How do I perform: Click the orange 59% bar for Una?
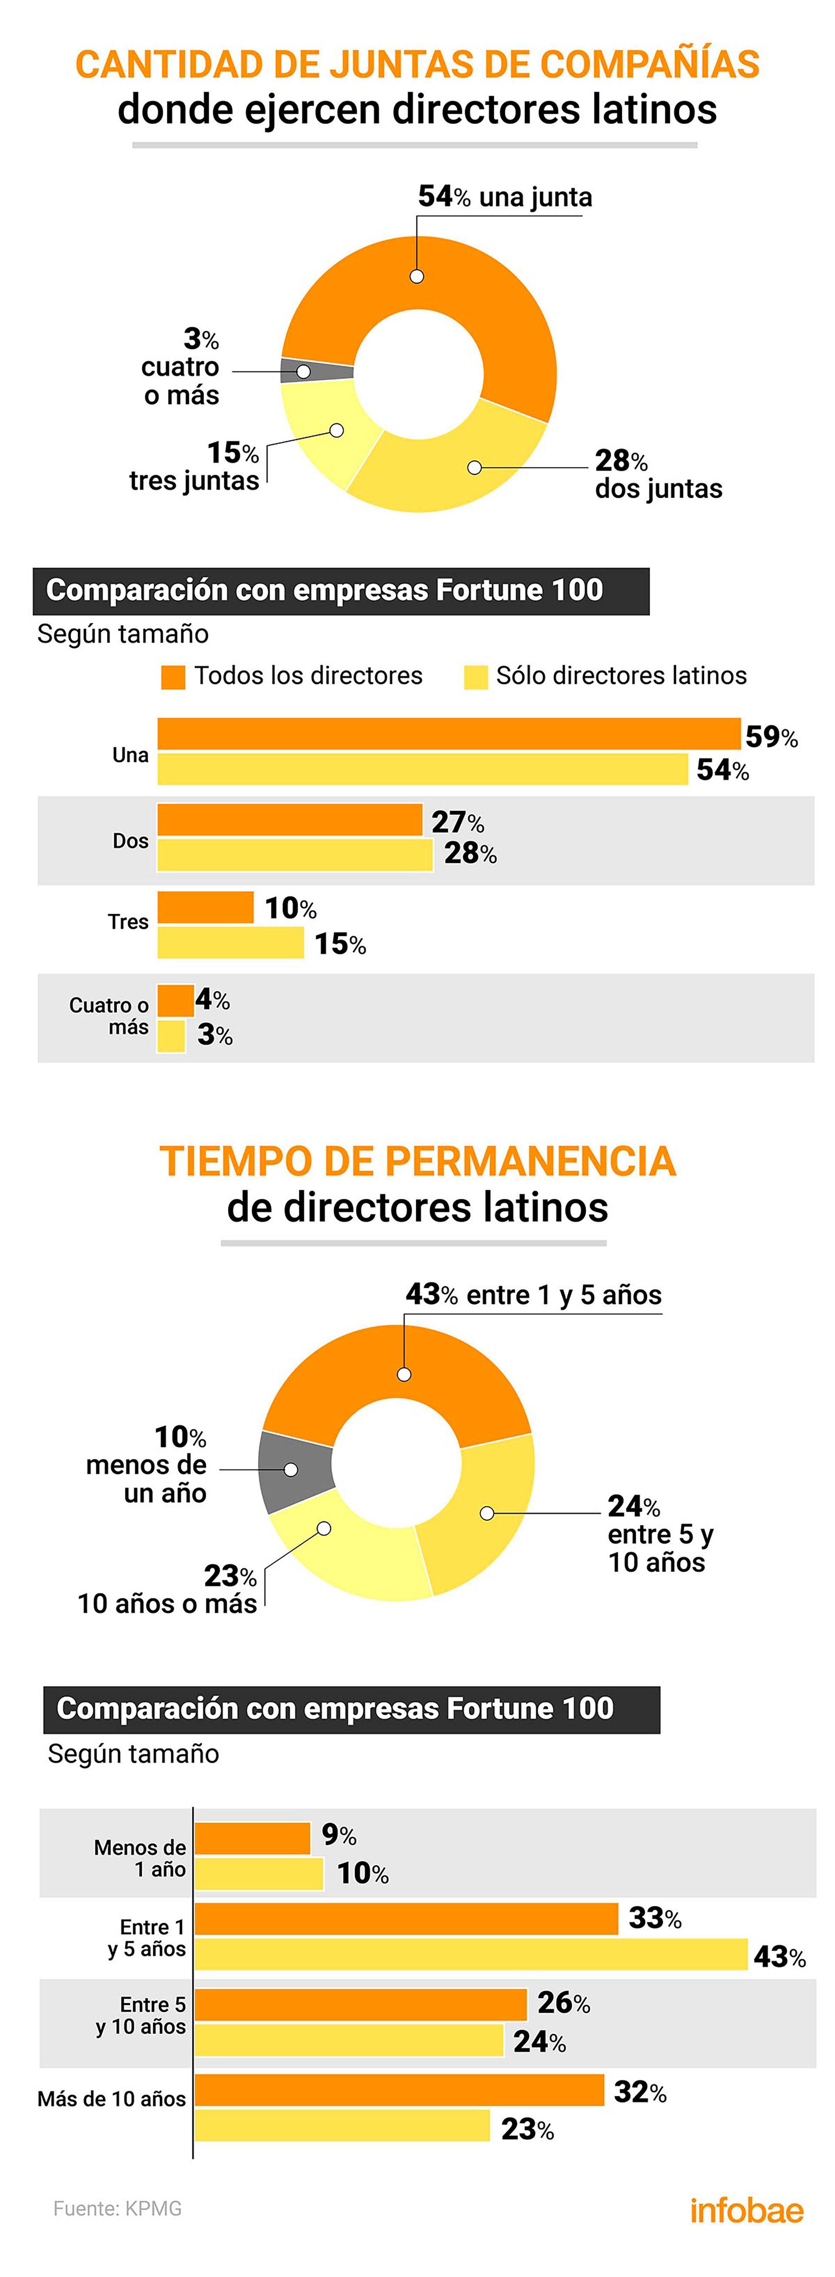coord(448,734)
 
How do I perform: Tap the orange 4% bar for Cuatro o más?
coord(175,1000)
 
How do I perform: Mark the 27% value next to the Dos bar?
coord(458,822)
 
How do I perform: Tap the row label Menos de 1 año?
coord(140,1858)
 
